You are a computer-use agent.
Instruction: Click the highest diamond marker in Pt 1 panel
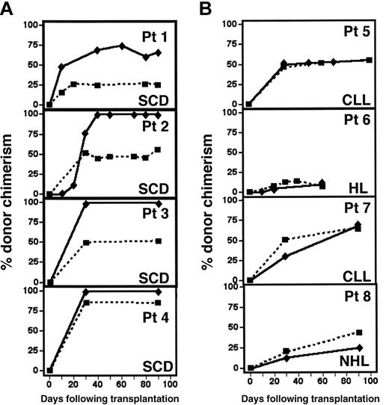(x=122, y=46)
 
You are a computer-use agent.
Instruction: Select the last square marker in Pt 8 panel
(x=359, y=333)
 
